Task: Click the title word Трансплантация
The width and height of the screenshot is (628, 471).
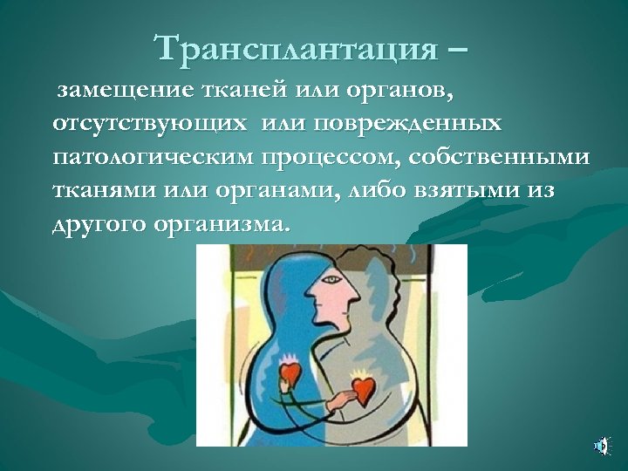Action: pos(295,49)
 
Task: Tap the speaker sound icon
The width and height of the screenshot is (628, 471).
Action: pos(601,447)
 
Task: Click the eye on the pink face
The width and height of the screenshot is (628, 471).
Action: pos(331,279)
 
